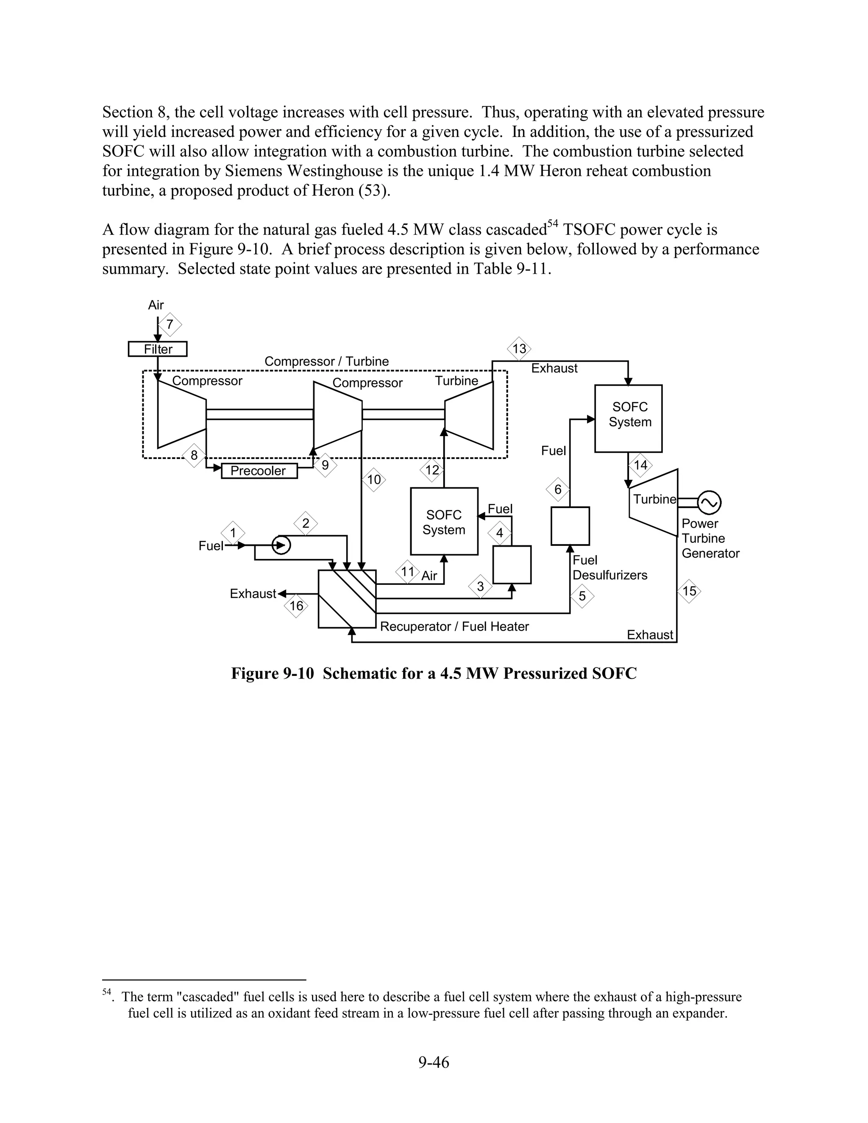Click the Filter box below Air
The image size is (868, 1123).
pyautogui.click(x=157, y=349)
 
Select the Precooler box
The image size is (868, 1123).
pyautogui.click(x=259, y=471)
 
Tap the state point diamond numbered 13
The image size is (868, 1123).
pyautogui.click(x=519, y=349)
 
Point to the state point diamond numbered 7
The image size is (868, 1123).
pyautogui.click(x=170, y=325)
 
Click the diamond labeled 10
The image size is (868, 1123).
pyautogui.click(x=374, y=480)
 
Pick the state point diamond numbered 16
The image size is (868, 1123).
pyautogui.click(x=296, y=606)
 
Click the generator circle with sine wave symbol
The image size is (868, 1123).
pyautogui.click(x=709, y=503)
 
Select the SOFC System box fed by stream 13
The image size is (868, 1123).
pyautogui.click(x=629, y=418)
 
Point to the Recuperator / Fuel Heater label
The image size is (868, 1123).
pyautogui.click(x=454, y=626)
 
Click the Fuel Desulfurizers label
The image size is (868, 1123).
pyautogui.click(x=609, y=568)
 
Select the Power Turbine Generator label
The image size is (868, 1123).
pyautogui.click(x=710, y=538)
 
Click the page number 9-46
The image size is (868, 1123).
pyautogui.click(x=434, y=1062)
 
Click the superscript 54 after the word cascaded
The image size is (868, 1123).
pyautogui.click(x=552, y=224)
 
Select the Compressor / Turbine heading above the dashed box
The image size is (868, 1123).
pyautogui.click(x=326, y=361)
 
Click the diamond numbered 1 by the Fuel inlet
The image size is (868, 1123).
pyautogui.click(x=233, y=533)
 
